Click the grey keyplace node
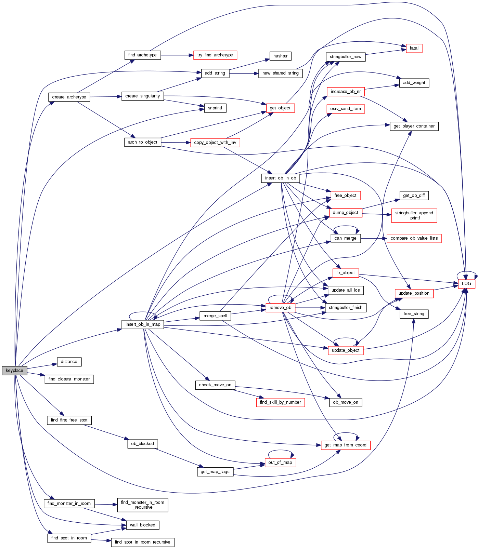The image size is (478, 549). (14, 370)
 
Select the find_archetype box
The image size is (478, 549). (142, 55)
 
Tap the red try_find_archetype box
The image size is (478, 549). (215, 55)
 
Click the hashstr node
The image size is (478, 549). (280, 56)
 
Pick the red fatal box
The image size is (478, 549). (414, 48)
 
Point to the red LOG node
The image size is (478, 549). (466, 283)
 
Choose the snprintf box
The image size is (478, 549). (215, 108)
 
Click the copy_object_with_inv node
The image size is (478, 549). (215, 143)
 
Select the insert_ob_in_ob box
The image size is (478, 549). (280, 178)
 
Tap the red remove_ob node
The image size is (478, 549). (280, 308)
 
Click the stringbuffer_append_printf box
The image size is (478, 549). (414, 215)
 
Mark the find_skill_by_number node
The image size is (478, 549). (280, 402)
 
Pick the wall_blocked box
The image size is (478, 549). (142, 525)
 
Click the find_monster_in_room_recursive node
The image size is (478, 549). (142, 505)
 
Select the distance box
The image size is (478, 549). (69, 362)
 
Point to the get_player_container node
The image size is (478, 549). (414, 126)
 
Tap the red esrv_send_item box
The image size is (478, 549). (346, 109)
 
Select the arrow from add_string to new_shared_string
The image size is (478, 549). (244, 73)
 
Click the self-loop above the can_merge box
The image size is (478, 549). (346, 226)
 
